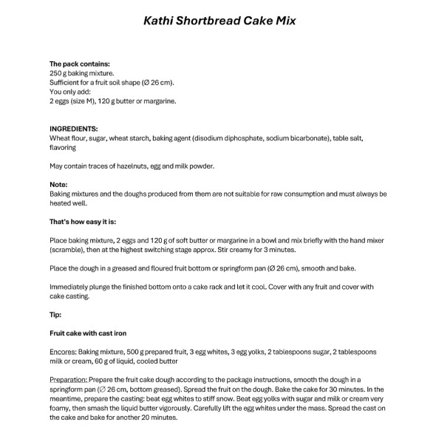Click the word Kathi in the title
pyautogui.click(x=157, y=21)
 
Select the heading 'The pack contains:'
pyautogui.click(x=79, y=64)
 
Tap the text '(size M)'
pyautogui.click(x=87, y=101)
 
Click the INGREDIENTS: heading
pyautogui.click(x=73, y=129)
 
